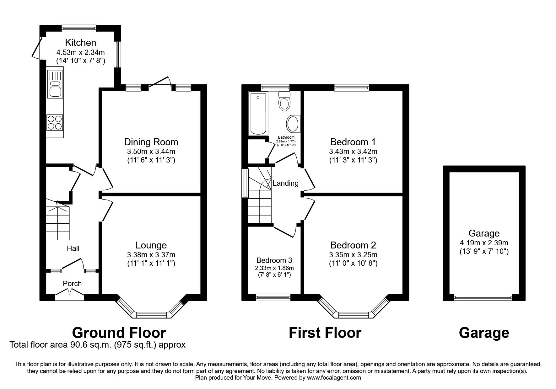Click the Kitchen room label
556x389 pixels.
(80, 42)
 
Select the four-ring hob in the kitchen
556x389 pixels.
(54, 123)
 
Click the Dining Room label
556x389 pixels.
(151, 142)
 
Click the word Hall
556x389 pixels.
(73, 248)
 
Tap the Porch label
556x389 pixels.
(72, 284)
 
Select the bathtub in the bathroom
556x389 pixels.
(258, 114)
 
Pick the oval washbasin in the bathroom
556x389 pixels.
(294, 124)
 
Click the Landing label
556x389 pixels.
(285, 183)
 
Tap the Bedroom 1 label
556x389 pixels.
(353, 142)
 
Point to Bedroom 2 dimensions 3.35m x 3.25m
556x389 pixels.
(353, 255)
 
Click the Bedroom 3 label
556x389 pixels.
(274, 260)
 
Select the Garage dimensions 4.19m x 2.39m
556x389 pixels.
(484, 242)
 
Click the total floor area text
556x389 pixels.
(98, 345)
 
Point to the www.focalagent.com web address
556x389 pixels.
(334, 378)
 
